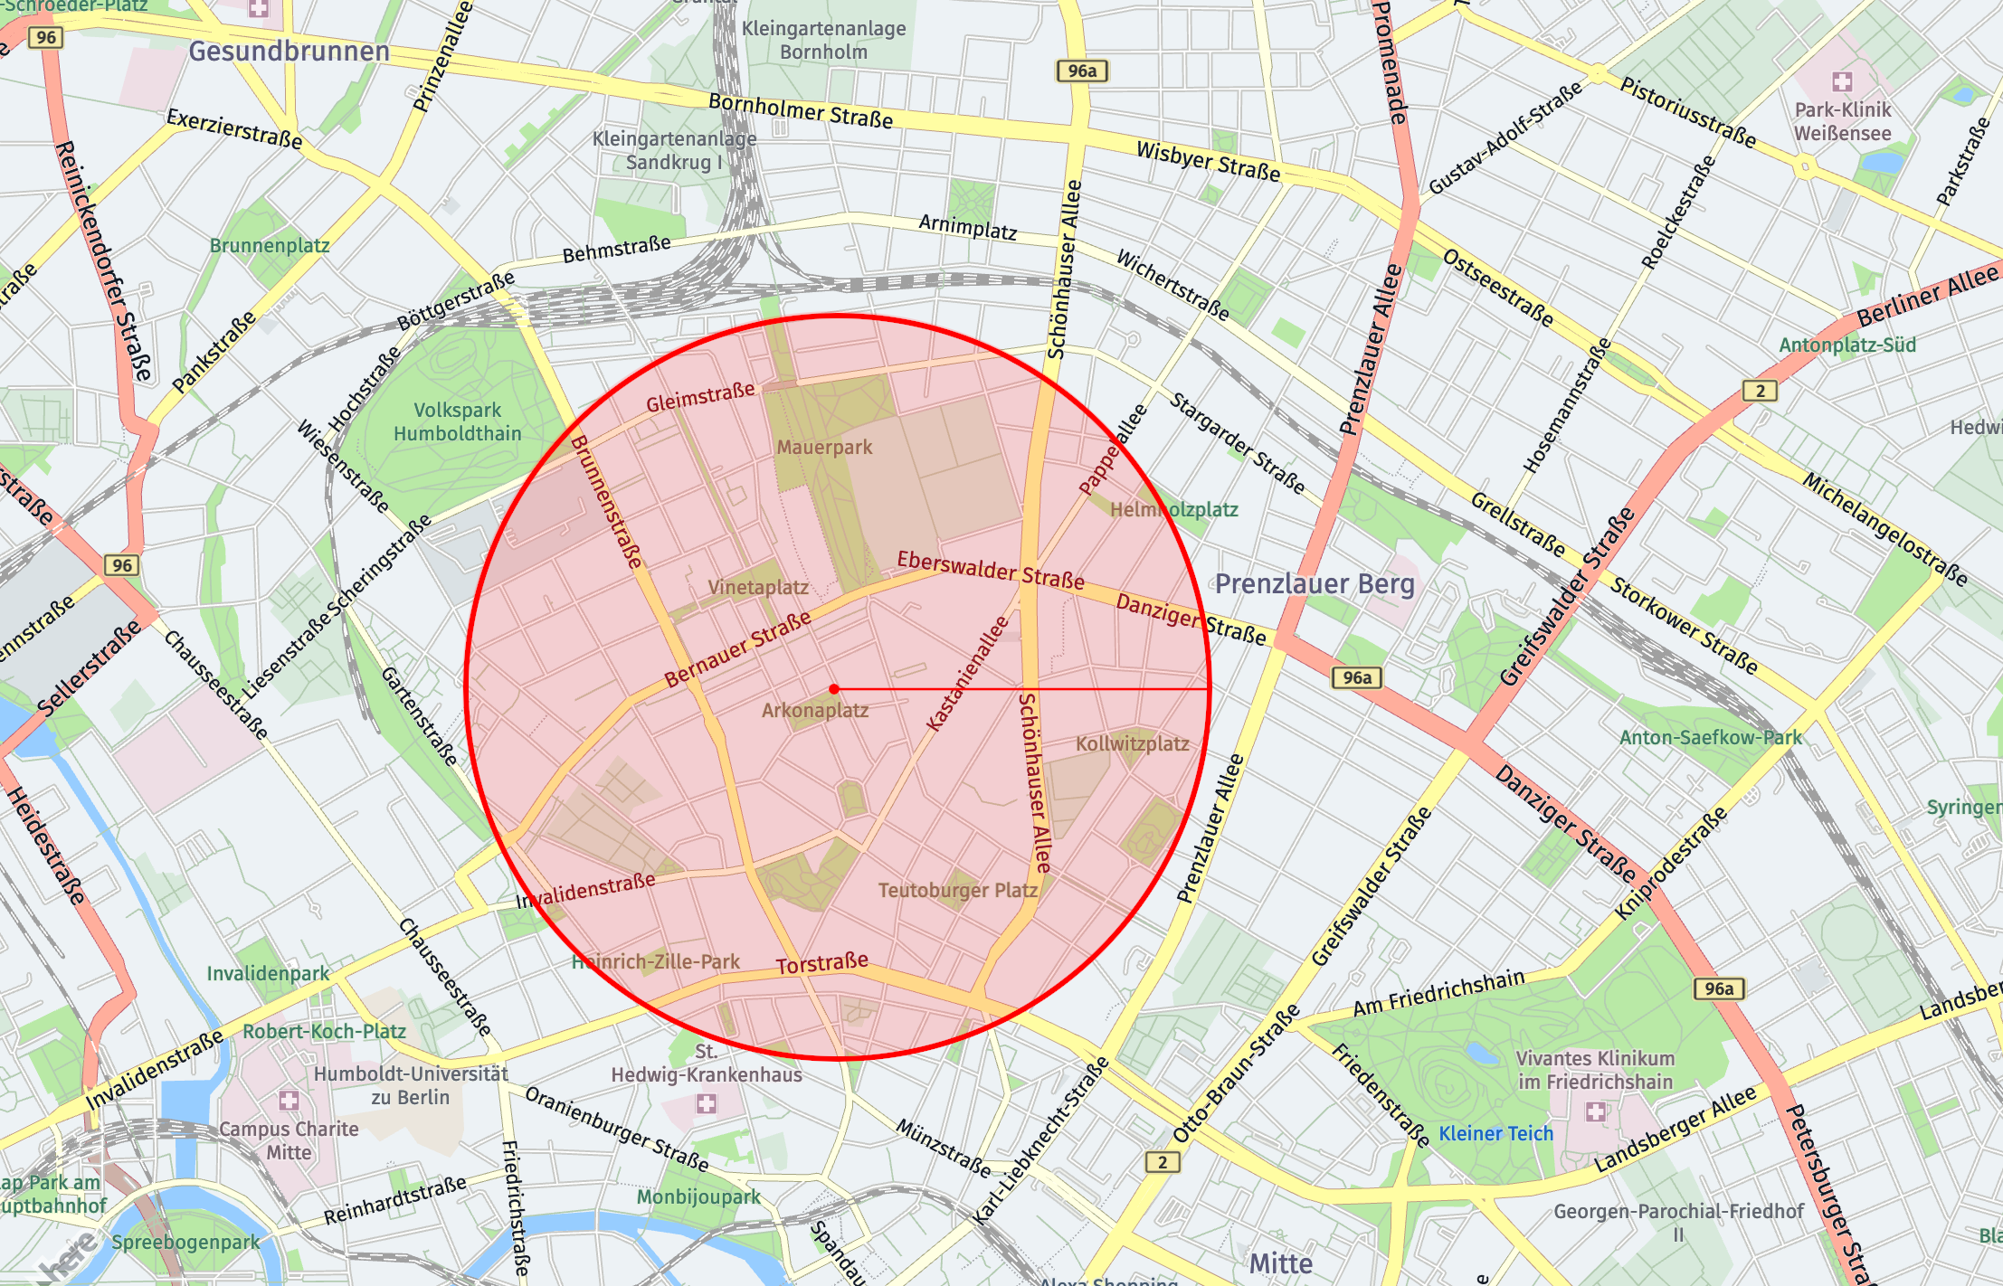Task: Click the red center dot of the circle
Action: pos(834,689)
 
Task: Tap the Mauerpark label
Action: pos(824,447)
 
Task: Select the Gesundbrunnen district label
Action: pos(289,52)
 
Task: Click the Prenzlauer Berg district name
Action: pos(1315,584)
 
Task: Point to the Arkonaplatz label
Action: pos(815,711)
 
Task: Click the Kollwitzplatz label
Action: pos(1132,744)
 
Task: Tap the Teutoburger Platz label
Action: pos(958,891)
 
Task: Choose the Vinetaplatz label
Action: pos(758,588)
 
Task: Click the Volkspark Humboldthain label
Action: pos(457,422)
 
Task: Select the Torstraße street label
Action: pos(821,964)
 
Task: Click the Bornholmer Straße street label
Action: pos(801,111)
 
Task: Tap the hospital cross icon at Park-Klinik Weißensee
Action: pos(1842,82)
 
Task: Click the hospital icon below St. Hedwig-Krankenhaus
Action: pos(706,1103)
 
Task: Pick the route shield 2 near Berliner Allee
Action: pos(1760,391)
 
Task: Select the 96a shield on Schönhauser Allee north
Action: pos(1082,71)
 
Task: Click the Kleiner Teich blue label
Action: pos(1495,1134)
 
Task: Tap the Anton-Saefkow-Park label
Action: pos(1710,738)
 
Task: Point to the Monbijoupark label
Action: pos(698,1197)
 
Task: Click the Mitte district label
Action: pos(1280,1263)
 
